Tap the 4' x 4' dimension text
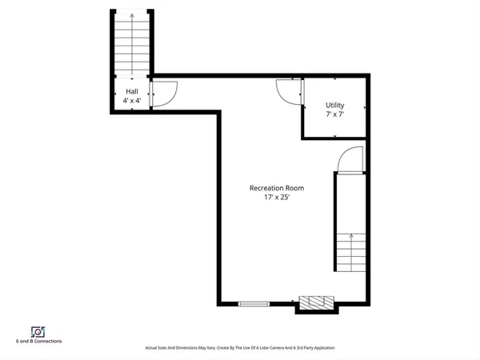(x=132, y=102)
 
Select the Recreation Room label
(x=277, y=188)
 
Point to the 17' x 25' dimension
(x=277, y=198)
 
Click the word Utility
(x=334, y=106)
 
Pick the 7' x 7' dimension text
(x=334, y=115)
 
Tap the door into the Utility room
(x=289, y=91)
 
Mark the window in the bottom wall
(x=254, y=304)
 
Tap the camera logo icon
(x=37, y=331)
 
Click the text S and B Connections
(x=38, y=342)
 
